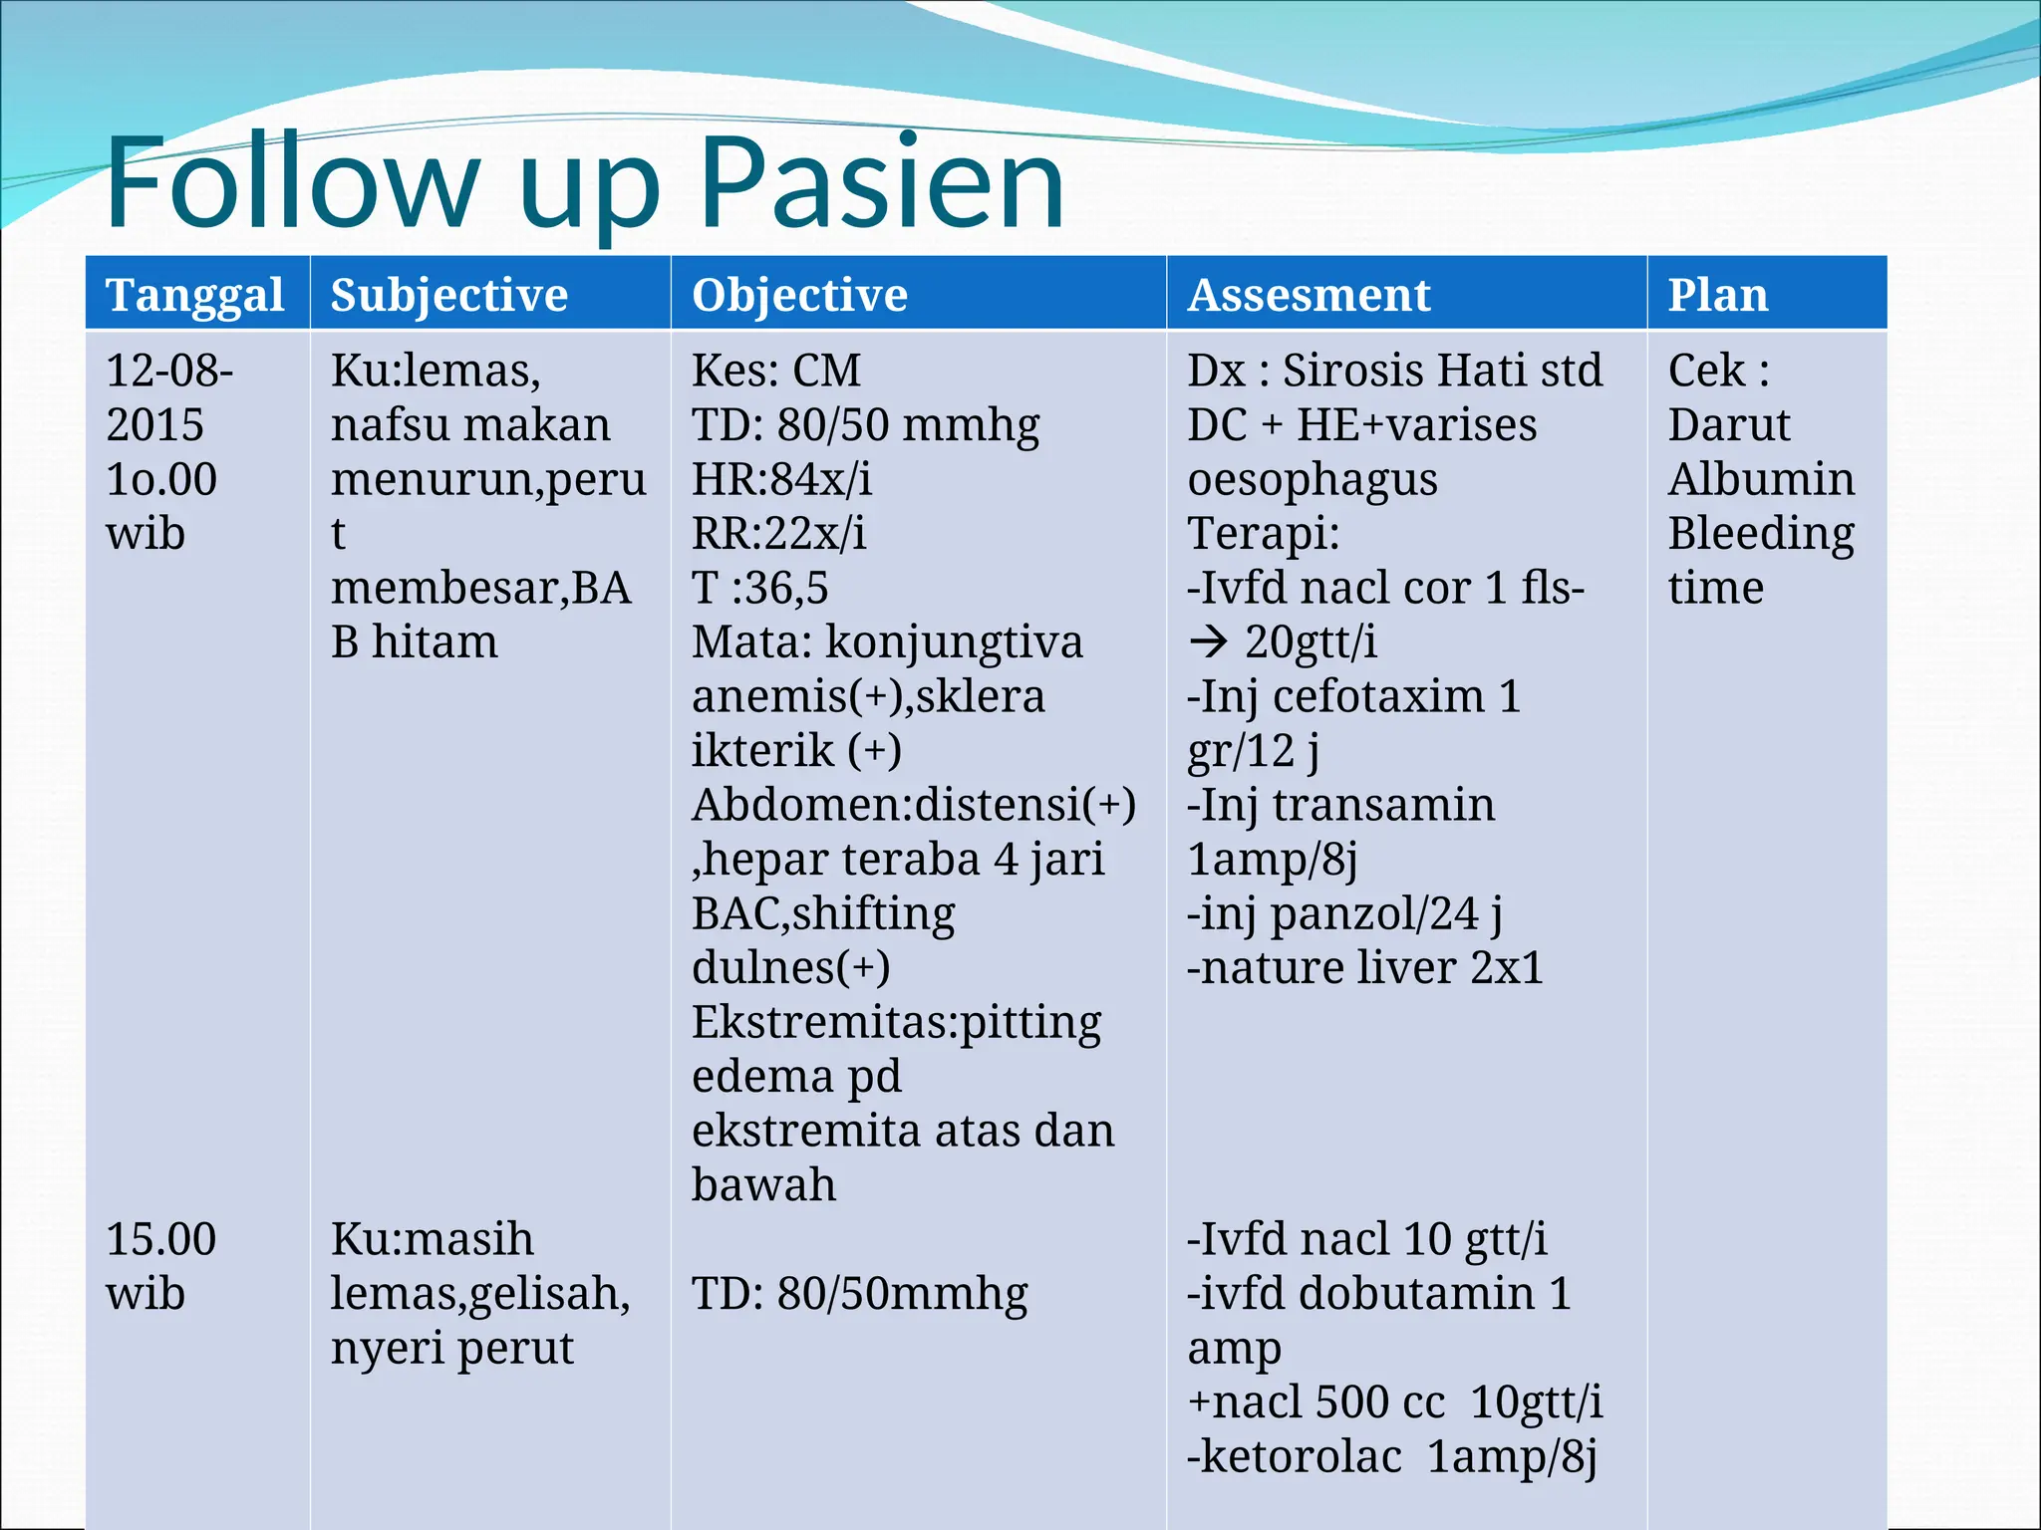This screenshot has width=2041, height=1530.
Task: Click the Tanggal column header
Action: point(195,295)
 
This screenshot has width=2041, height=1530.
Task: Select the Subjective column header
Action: point(448,295)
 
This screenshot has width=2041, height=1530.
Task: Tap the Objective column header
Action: point(799,295)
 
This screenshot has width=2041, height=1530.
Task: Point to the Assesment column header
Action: point(1309,295)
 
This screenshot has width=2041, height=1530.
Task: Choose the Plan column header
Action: point(1718,295)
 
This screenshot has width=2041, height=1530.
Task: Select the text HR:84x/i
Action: point(781,479)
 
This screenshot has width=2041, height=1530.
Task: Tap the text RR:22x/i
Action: point(778,533)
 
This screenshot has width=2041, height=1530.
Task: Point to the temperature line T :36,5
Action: point(759,588)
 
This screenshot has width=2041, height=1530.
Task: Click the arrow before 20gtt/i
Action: point(1208,642)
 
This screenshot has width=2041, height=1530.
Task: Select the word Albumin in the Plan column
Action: point(1761,479)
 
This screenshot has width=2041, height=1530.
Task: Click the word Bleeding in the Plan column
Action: point(1761,534)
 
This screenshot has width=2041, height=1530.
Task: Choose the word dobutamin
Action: point(1416,1293)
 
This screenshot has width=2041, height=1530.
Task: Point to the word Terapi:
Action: point(1263,534)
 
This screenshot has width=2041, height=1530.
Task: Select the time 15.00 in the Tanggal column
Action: point(160,1239)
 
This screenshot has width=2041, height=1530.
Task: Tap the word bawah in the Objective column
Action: point(763,1185)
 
